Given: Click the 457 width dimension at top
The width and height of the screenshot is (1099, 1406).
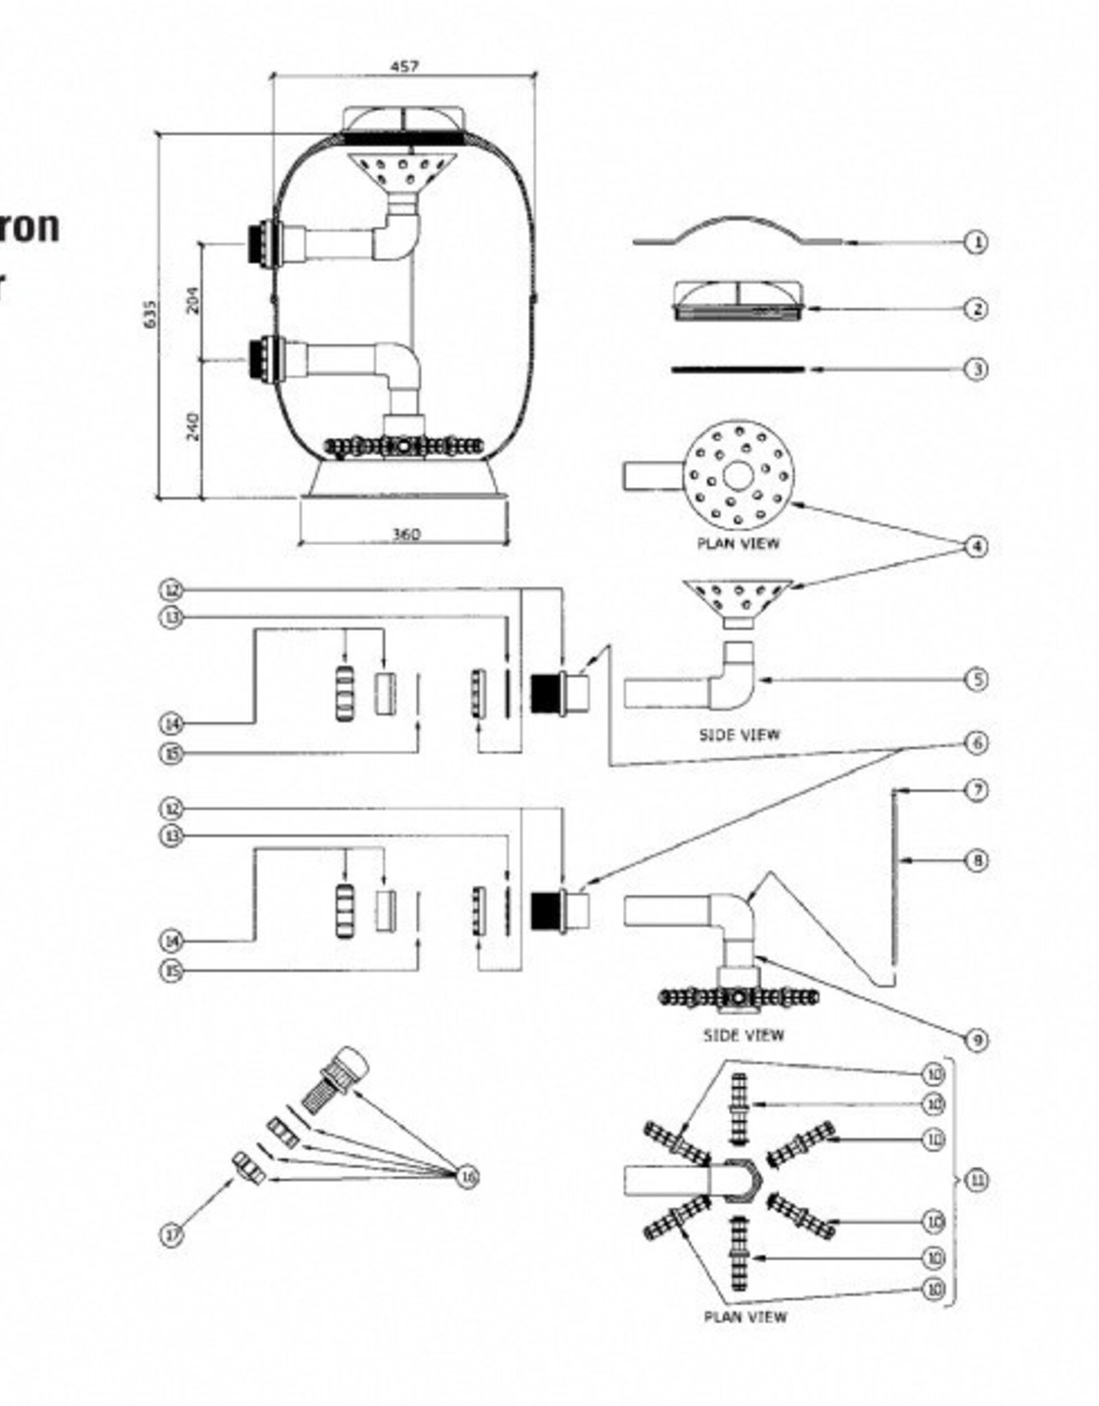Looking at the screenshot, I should click(x=404, y=67).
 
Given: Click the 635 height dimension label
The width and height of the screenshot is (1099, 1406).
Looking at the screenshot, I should click(x=150, y=314).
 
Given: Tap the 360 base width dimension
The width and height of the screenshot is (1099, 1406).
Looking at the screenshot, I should click(x=405, y=534).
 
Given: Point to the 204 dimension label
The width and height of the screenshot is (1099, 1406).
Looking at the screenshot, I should click(x=194, y=300).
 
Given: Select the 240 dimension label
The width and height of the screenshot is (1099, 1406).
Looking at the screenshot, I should click(x=194, y=426).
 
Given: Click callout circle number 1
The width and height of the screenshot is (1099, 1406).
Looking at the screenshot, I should click(x=976, y=242).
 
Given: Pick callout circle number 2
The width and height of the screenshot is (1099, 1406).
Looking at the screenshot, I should click(x=976, y=309).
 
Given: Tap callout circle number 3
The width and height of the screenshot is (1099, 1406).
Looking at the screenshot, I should click(x=976, y=369).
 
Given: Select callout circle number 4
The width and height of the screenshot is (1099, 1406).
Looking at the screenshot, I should click(x=976, y=546).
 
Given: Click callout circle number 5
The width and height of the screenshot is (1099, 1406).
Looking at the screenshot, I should click(x=976, y=680).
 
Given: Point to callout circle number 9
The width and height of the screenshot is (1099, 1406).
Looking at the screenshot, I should click(x=976, y=1040).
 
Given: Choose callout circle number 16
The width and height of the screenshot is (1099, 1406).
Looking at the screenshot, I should click(x=468, y=1177).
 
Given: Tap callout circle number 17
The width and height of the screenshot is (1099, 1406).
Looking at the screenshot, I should click(x=172, y=1235).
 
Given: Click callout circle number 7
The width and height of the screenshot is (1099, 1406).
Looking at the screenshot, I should click(x=976, y=790).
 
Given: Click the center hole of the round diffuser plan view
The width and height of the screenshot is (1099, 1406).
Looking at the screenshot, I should click(x=738, y=475).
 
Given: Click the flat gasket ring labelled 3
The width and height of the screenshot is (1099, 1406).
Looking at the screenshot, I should click(x=738, y=369).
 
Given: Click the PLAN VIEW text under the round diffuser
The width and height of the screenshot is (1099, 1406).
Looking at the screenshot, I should click(x=738, y=543).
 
